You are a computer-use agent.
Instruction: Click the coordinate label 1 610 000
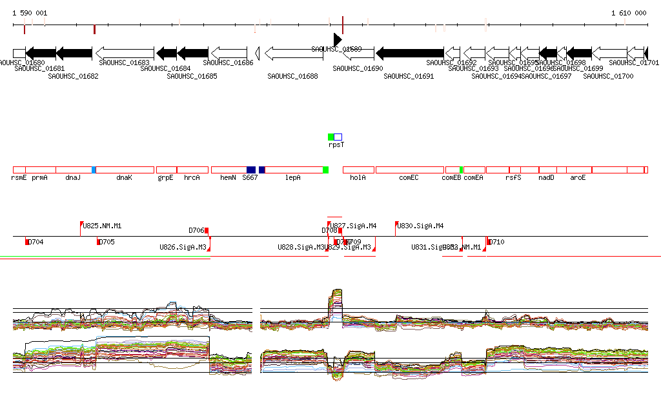(629, 13)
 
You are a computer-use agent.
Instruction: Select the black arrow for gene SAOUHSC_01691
(410, 53)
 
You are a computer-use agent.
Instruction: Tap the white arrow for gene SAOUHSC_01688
(294, 53)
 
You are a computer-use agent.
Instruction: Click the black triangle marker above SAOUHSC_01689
(336, 39)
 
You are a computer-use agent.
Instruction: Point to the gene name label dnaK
(124, 177)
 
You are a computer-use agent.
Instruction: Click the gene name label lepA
(293, 177)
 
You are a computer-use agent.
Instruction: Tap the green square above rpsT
(331, 137)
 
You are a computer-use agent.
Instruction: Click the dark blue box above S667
(251, 170)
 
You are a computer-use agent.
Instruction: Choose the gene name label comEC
(409, 177)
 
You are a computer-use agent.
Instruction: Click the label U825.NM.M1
(103, 226)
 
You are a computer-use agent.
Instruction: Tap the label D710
(496, 242)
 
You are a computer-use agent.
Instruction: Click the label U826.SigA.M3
(183, 247)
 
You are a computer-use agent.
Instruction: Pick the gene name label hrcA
(192, 177)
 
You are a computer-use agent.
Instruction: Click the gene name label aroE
(578, 177)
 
